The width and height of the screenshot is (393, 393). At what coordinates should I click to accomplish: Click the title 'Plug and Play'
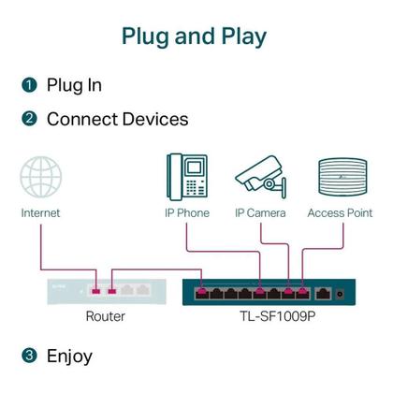click(195, 36)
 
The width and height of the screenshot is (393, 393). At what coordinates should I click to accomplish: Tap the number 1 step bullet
click(29, 85)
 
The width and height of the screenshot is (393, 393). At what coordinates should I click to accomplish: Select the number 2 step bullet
click(29, 119)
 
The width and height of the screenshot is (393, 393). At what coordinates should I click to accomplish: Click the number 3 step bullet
click(29, 356)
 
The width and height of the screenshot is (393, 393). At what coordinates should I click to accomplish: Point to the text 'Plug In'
click(74, 85)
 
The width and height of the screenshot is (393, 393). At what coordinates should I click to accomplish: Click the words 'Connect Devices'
click(117, 119)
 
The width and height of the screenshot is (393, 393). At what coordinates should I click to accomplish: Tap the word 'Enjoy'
click(69, 356)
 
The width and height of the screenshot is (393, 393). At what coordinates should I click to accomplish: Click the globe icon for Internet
click(40, 178)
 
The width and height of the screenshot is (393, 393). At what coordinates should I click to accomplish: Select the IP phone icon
click(187, 176)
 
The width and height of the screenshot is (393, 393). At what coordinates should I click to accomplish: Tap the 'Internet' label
click(40, 213)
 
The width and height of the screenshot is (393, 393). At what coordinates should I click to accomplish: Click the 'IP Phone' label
click(187, 213)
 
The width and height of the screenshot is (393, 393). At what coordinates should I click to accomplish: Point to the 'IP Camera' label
click(260, 213)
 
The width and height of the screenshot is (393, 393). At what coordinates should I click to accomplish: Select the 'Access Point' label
click(340, 213)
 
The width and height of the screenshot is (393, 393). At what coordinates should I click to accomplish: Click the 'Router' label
click(105, 316)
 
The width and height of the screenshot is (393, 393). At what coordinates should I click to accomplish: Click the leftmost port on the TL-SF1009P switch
click(202, 293)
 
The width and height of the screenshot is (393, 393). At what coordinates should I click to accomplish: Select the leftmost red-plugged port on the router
click(95, 287)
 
